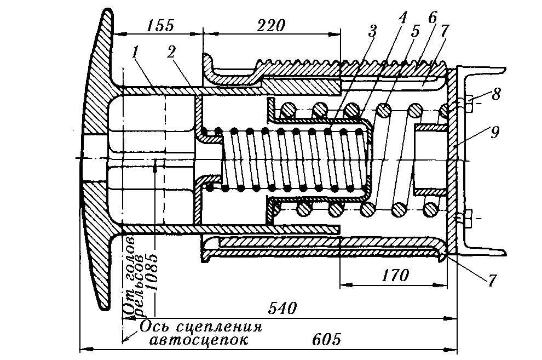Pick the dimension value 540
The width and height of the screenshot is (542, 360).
(x=282, y=309)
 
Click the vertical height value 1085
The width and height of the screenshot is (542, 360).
(x=150, y=268)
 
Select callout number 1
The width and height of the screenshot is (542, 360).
(x=135, y=53)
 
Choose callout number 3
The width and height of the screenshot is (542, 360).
(x=373, y=31)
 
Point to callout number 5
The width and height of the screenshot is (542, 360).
(x=415, y=31)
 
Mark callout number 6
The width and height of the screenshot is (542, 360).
(x=433, y=16)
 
